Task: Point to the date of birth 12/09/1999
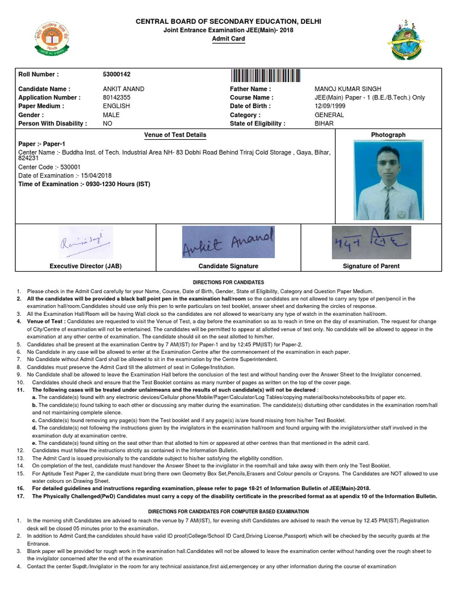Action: point(330,106)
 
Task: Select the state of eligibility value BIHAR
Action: point(324,124)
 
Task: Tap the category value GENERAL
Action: point(329,115)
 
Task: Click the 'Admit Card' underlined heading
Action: point(228,39)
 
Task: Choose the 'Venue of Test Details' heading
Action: point(175,135)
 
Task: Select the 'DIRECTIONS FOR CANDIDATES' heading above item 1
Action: point(228,281)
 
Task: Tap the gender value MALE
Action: point(111,115)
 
